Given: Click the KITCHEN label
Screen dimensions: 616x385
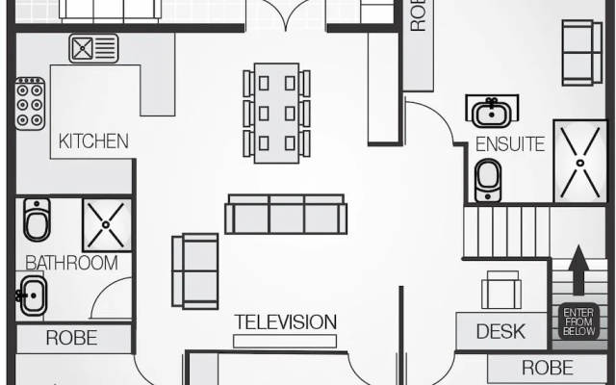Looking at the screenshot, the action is [x=93, y=141].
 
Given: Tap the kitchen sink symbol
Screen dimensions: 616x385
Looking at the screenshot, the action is [x=93, y=48].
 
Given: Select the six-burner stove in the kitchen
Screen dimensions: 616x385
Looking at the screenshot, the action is [x=30, y=104].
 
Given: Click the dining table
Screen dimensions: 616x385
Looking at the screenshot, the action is [x=276, y=114].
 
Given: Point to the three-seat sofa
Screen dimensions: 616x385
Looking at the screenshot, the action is [x=286, y=214].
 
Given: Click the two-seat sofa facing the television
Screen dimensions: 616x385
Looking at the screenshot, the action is [x=195, y=271].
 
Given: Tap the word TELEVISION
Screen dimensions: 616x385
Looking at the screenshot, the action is [x=286, y=322].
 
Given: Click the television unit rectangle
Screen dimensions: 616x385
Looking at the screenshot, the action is [x=285, y=341].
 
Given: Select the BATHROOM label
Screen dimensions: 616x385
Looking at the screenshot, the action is [x=71, y=263].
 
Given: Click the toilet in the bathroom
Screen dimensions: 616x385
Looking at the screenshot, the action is [x=37, y=219].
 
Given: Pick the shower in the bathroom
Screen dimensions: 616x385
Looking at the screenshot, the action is [x=107, y=224].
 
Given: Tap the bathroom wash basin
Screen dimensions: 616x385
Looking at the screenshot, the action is [x=32, y=295].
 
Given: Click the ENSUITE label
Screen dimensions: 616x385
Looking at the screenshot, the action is [x=510, y=144].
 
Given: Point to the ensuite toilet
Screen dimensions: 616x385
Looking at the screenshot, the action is [x=488, y=180].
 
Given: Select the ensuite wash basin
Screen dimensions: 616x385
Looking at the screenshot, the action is [x=492, y=112].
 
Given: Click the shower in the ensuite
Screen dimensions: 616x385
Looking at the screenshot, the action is [x=579, y=162].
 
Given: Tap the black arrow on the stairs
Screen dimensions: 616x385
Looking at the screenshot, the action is [x=579, y=269].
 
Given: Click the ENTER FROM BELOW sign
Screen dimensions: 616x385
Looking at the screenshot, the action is [x=579, y=321].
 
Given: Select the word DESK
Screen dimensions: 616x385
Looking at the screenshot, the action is [x=500, y=331].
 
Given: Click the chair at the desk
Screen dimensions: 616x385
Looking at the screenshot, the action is [x=501, y=290].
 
